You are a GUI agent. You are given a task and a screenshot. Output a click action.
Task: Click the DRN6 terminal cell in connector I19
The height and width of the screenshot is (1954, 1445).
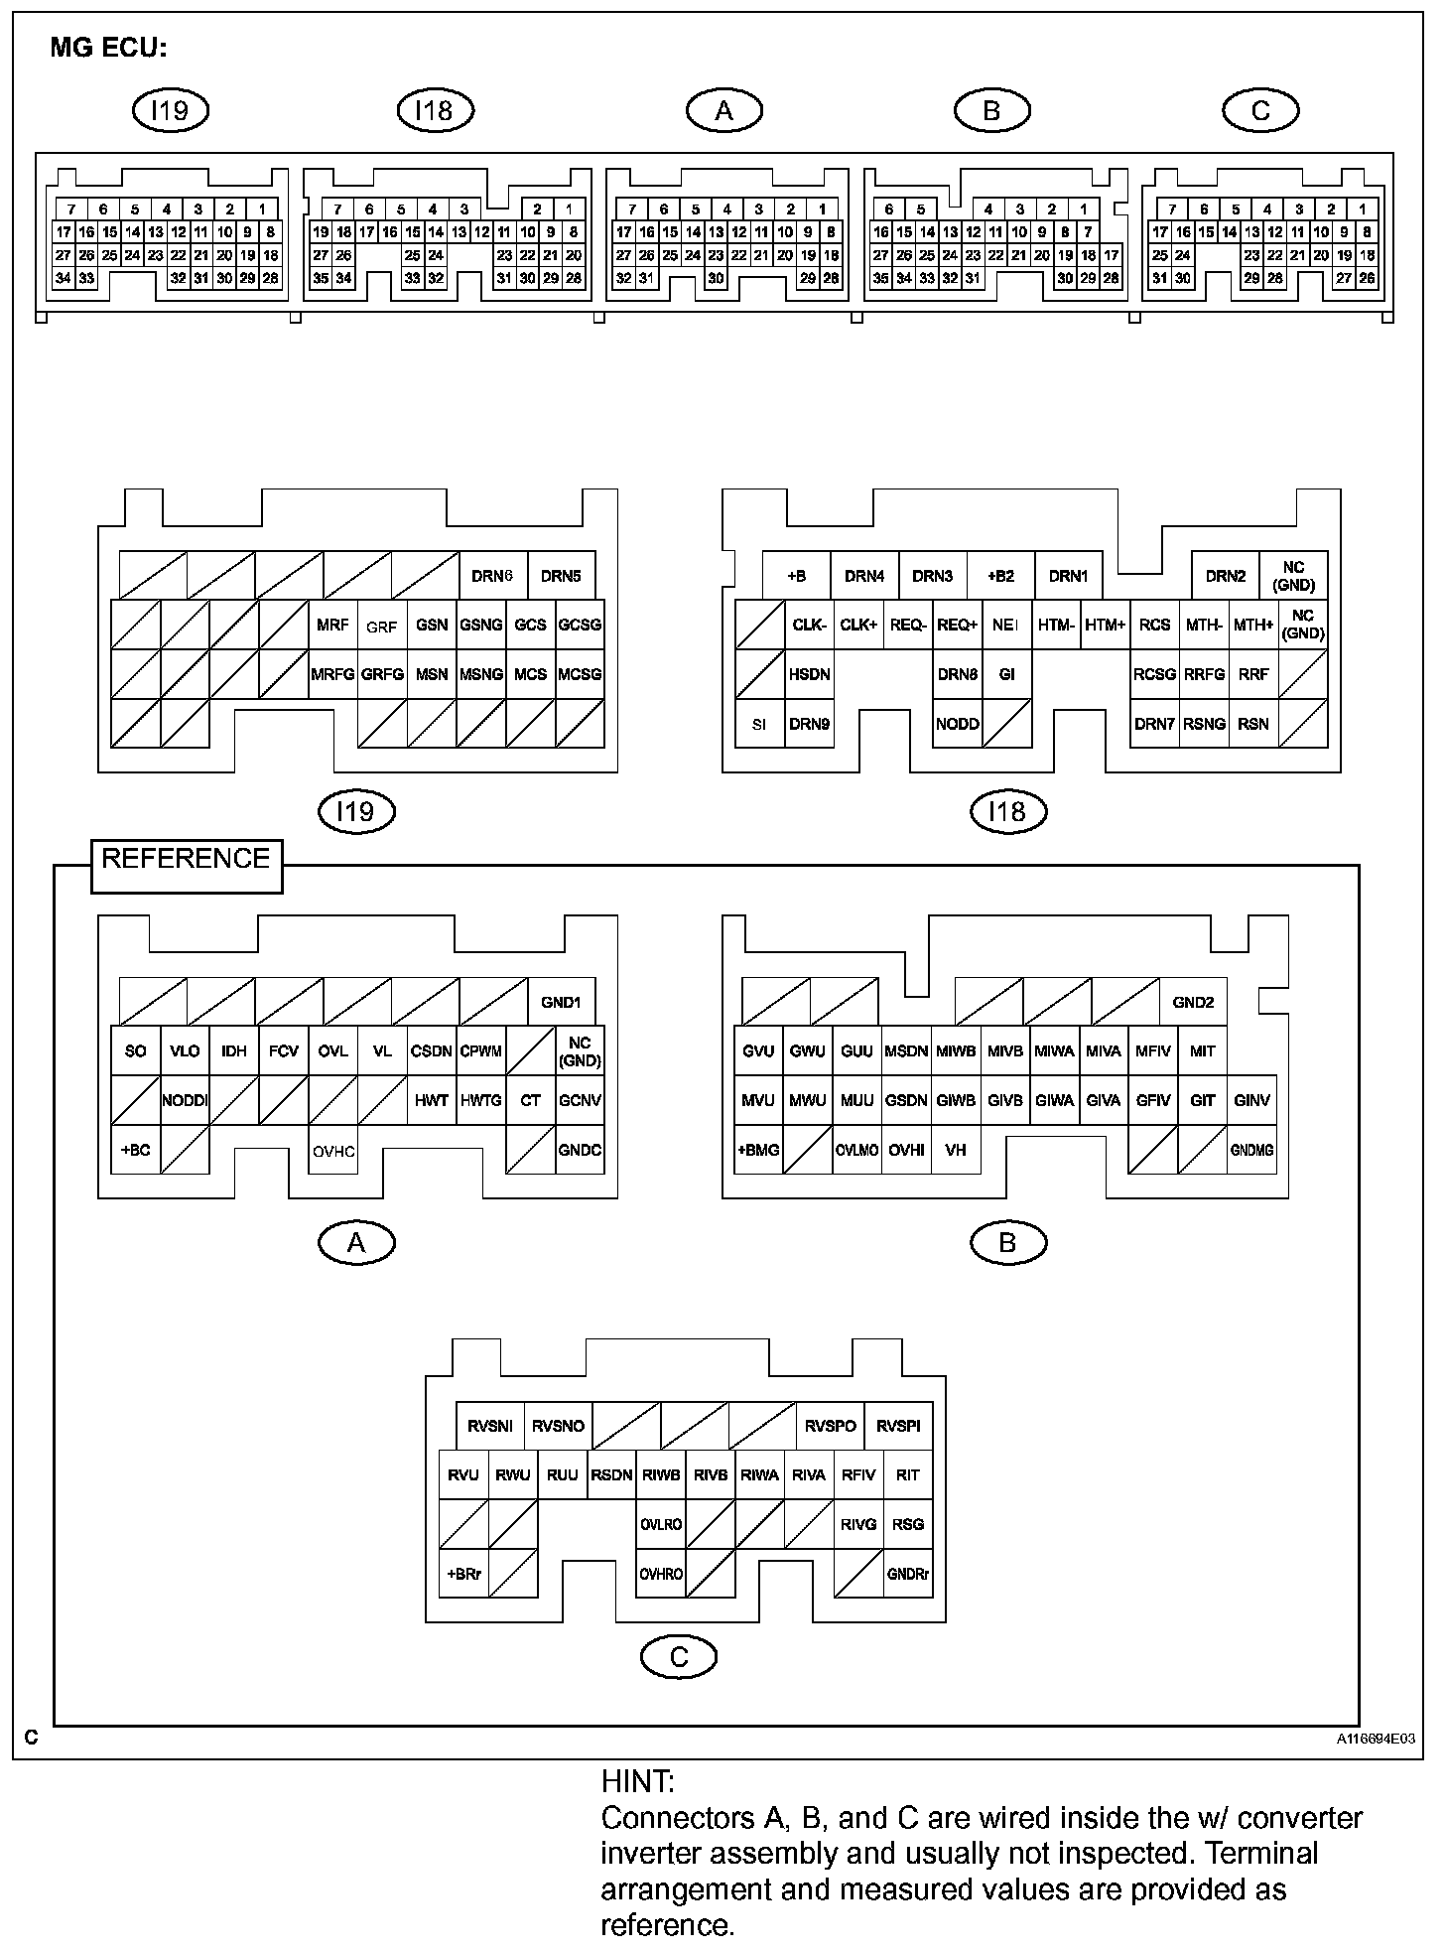[492, 576]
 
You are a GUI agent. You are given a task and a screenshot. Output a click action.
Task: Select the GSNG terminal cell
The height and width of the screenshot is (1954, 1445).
[481, 625]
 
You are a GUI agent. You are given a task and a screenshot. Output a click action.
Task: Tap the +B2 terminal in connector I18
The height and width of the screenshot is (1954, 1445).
[1000, 576]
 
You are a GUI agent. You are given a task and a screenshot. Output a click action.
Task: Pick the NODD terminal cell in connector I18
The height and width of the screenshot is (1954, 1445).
[958, 724]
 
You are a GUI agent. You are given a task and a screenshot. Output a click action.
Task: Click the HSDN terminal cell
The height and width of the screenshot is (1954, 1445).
[809, 674]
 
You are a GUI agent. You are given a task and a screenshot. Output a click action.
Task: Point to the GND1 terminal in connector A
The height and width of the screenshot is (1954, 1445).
[561, 1002]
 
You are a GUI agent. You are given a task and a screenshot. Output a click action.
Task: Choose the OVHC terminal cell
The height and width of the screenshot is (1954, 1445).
[333, 1151]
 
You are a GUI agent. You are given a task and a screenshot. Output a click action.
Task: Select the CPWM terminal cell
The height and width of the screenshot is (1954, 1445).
[481, 1050]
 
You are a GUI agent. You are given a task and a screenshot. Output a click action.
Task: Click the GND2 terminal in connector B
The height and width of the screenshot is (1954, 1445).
[1193, 1002]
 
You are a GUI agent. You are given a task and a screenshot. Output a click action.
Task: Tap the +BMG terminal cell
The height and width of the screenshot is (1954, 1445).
[758, 1150]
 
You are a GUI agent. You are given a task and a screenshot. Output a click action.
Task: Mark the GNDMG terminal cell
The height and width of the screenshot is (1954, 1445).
[1251, 1150]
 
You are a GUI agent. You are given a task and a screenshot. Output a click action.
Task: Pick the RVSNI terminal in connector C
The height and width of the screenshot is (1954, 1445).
[490, 1426]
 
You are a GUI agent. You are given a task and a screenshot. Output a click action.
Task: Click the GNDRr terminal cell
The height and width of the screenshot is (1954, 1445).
[908, 1574]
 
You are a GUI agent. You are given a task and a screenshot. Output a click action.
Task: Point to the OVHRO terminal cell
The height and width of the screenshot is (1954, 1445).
[661, 1574]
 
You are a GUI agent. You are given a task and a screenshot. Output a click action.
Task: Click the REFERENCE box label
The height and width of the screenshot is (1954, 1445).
[186, 859]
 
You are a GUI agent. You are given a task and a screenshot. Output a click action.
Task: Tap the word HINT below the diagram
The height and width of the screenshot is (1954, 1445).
[637, 1781]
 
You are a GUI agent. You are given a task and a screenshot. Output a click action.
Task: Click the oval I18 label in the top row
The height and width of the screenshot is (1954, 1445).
[436, 110]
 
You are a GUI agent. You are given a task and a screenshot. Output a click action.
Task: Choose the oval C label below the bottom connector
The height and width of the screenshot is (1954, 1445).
[679, 1656]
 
